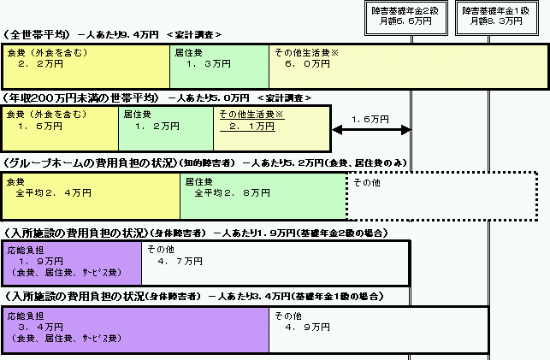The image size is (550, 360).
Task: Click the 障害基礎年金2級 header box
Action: pos(406,18)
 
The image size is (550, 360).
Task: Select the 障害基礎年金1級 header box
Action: pos(497,18)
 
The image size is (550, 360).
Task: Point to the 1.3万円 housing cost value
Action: pos(209,64)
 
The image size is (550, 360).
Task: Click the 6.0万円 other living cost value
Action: pos(308,64)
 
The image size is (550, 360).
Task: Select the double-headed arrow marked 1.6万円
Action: pos(371,130)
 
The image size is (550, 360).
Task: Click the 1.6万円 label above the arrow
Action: pos(370,120)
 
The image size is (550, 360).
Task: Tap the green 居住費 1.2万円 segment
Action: pos(166,128)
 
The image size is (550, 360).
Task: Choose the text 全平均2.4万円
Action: pos(53,192)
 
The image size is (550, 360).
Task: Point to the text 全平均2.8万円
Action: pos(232,192)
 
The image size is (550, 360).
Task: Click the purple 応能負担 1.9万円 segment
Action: pos(72,263)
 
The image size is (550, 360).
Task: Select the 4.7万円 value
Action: pos(180,261)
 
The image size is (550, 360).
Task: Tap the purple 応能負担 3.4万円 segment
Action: pos(136,329)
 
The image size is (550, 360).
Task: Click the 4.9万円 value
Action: pos(308,327)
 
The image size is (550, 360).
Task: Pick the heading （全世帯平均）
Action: pos(37,35)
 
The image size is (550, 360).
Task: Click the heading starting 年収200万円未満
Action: pos(80,98)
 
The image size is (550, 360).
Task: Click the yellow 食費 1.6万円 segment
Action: pos(61,128)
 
